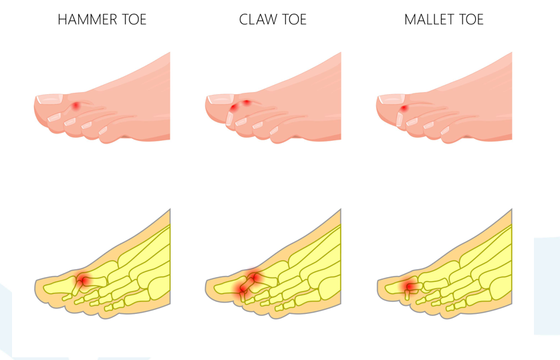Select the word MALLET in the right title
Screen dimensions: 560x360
[x=429, y=19]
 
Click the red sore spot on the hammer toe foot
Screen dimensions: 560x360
[x=77, y=106]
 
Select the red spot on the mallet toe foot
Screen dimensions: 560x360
[x=404, y=108]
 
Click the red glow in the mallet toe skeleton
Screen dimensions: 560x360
[x=409, y=287]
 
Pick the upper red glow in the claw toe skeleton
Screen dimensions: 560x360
[x=255, y=275]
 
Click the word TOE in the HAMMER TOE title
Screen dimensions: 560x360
[x=130, y=19]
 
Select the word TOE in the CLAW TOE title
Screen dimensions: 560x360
[x=292, y=19]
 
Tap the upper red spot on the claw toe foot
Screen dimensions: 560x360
[x=247, y=102]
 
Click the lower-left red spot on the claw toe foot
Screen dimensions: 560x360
[x=234, y=108]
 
